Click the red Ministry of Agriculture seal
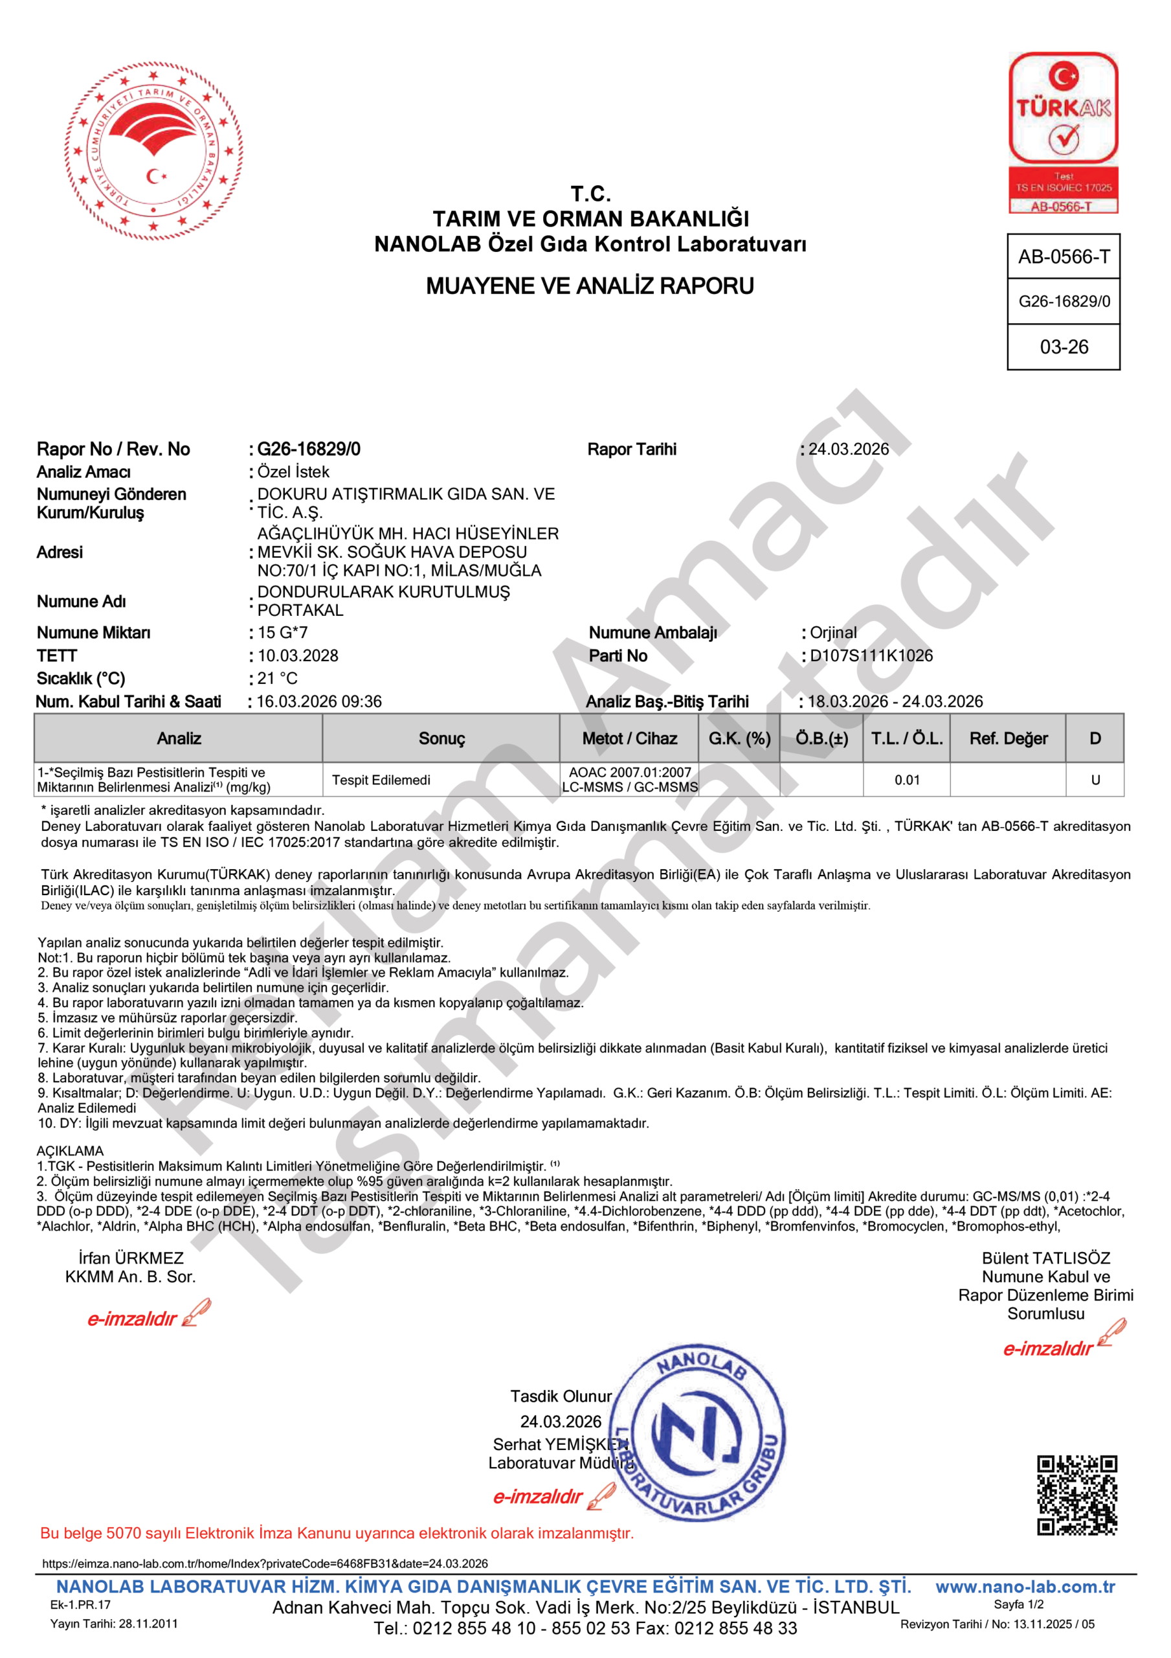click(153, 151)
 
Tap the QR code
click(1076, 1495)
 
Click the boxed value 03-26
click(1064, 347)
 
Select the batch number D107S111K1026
click(871, 655)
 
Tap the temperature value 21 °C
click(277, 678)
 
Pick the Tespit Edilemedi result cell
click(381, 780)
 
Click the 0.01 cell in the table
click(907, 780)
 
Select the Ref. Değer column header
click(1008, 738)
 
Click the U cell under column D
click(1095, 780)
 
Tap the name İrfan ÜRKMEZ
click(131, 1258)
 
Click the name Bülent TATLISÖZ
click(1045, 1258)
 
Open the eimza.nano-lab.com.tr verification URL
click(265, 1563)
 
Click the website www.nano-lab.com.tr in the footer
click(1025, 1587)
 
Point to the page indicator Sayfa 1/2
click(1018, 1604)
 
